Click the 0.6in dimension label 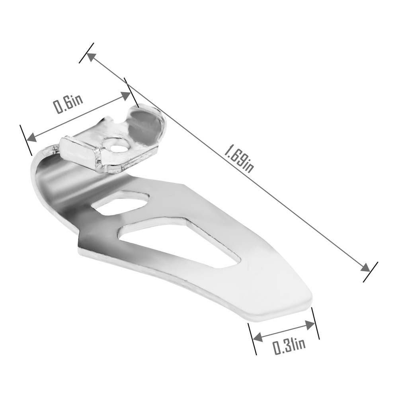point(68,103)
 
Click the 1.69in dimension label point(238,158)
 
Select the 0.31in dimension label point(289,345)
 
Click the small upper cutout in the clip point(120,201)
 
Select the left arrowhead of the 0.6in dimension point(31,137)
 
